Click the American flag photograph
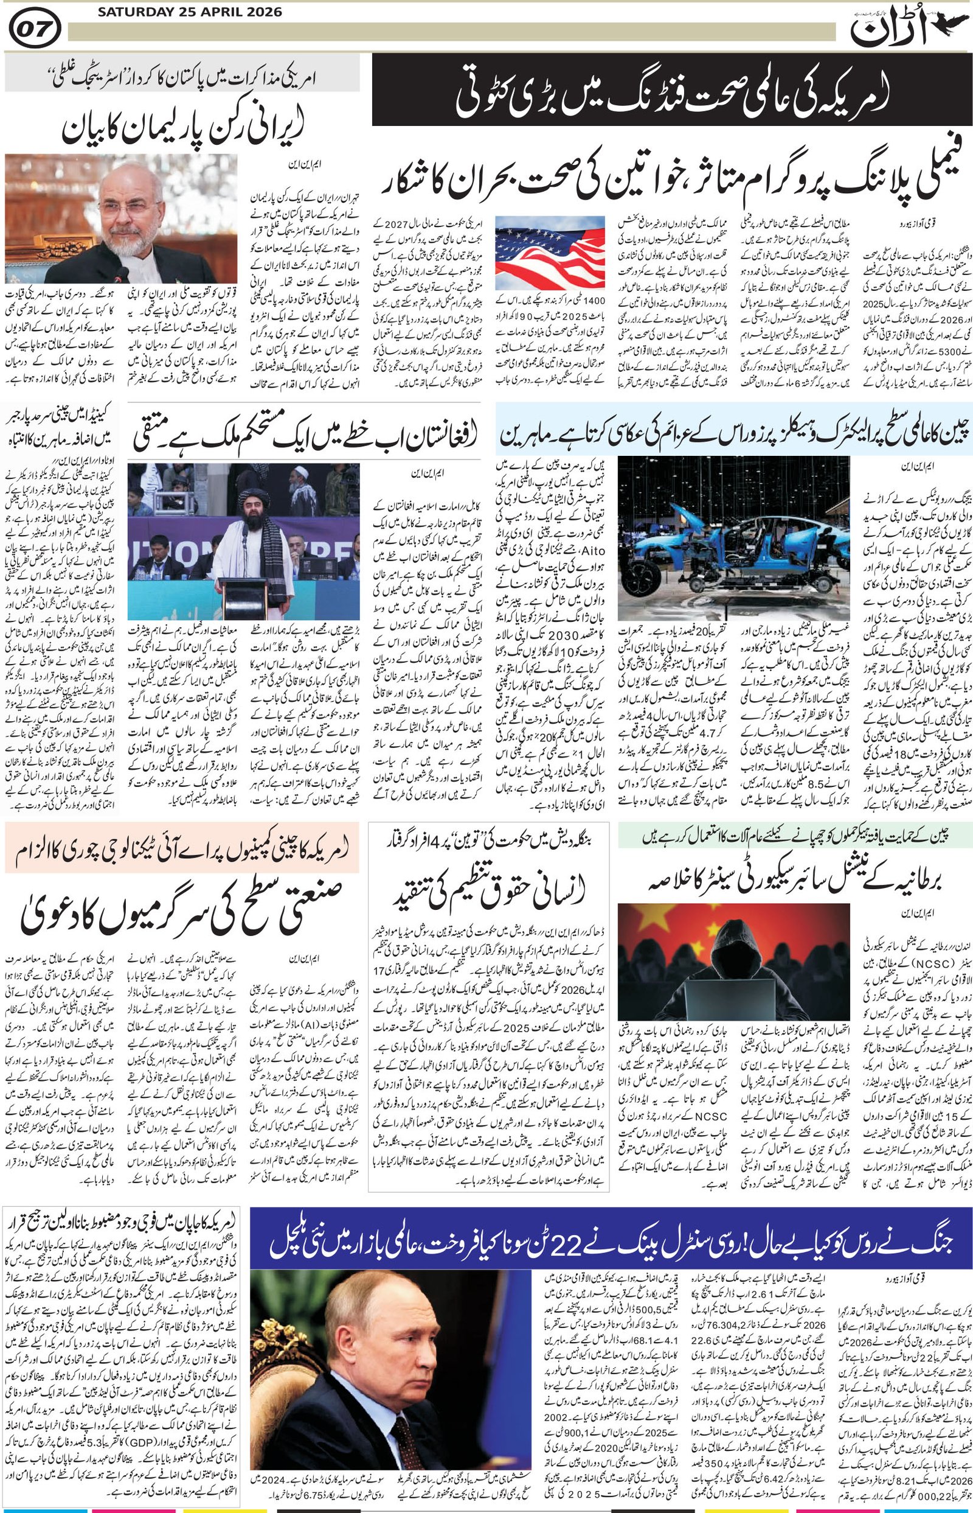[550, 253]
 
